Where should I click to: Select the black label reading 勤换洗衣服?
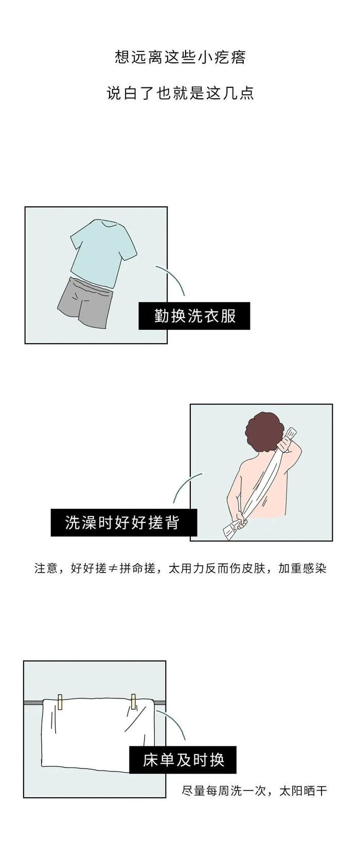click(194, 316)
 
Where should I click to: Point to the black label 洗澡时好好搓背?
click(124, 523)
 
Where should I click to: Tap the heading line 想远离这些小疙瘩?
click(180, 58)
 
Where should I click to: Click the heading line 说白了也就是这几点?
click(180, 93)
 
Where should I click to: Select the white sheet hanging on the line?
click(98, 734)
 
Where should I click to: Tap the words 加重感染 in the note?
click(302, 568)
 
